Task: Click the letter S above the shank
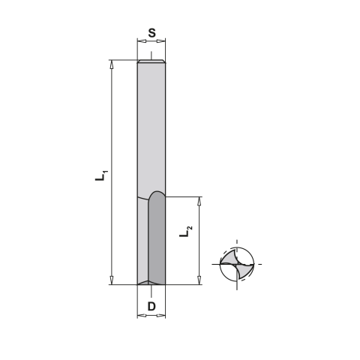(151, 32)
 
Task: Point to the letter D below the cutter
(151, 306)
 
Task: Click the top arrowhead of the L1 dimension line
(111, 63)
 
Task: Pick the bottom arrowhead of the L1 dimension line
(111, 280)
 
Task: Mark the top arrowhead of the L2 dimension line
(199, 200)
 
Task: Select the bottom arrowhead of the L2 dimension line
(199, 280)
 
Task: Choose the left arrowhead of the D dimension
(140, 316)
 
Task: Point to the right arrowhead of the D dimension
(163, 316)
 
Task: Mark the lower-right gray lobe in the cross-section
(244, 271)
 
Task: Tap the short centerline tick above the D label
(151, 292)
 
